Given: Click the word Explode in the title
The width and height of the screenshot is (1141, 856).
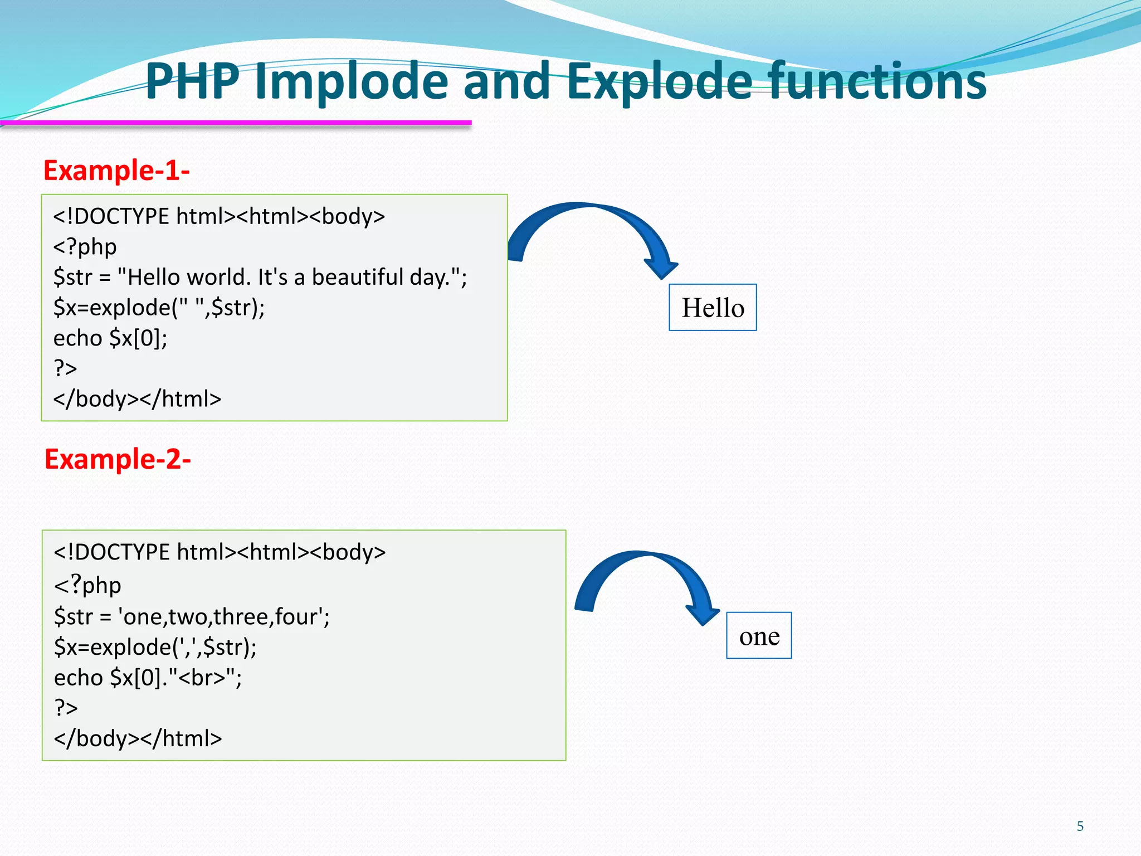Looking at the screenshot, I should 660,82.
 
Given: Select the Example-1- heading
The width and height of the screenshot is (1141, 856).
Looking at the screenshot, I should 116,171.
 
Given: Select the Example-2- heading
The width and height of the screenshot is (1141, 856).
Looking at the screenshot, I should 118,460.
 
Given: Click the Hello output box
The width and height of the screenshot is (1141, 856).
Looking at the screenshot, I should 713,308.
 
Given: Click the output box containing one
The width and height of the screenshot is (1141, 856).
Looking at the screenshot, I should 759,636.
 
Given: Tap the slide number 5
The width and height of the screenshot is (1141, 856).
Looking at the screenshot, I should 1080,826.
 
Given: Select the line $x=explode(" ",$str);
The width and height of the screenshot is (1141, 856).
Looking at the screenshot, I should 159,308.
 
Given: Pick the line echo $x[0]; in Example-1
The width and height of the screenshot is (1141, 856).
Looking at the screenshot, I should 110,338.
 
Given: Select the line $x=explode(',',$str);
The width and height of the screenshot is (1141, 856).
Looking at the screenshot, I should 155,647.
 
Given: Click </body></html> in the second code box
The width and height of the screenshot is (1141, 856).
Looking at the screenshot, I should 138,738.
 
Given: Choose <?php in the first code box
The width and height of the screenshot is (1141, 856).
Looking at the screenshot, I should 85,247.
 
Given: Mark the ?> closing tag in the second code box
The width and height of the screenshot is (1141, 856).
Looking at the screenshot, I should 66,708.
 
